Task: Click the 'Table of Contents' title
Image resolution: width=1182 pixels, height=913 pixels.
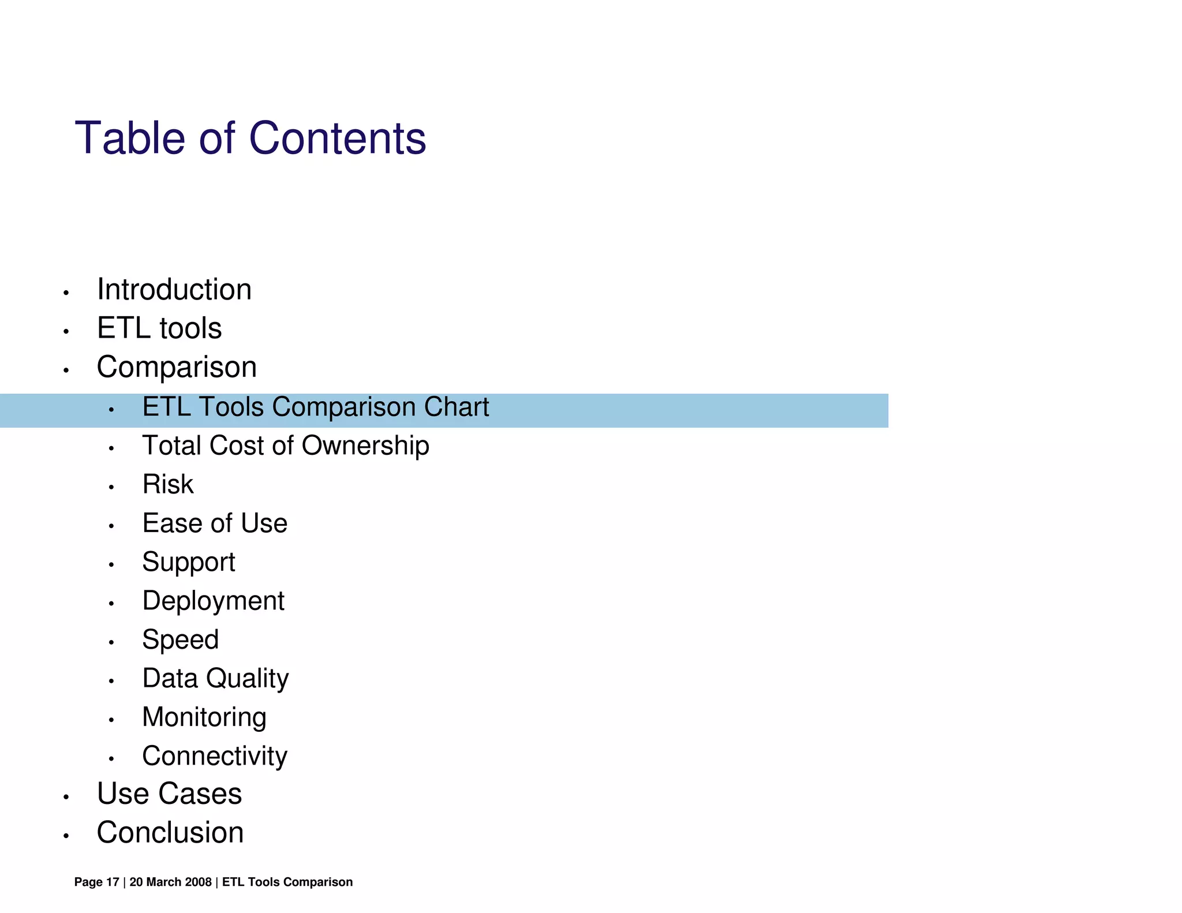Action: point(250,139)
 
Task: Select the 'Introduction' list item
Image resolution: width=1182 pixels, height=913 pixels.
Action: point(174,290)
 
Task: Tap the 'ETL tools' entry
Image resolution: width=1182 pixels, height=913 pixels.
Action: point(159,328)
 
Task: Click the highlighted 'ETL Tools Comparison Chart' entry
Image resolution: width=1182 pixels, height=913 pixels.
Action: point(315,407)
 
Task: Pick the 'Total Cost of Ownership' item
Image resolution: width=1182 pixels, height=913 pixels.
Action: point(286,446)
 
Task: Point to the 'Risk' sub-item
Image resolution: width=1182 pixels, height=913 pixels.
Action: point(168,485)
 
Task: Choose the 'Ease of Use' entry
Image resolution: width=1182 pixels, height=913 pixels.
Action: point(215,523)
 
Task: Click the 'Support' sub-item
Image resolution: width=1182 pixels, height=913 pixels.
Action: point(189,562)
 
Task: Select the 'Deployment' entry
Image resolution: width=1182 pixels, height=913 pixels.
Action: point(213,601)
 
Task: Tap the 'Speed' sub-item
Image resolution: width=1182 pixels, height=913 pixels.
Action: point(181,640)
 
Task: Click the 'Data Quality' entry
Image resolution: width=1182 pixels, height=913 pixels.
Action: point(215,679)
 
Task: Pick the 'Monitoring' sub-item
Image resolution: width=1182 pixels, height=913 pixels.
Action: point(204,717)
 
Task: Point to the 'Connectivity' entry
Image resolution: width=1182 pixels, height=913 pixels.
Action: point(215,756)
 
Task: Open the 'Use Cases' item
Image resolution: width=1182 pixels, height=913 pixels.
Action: point(169,794)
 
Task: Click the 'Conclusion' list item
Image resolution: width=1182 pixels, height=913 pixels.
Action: point(170,833)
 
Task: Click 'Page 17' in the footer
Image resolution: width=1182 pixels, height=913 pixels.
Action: point(96,882)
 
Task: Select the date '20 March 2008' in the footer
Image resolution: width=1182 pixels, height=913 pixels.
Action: point(170,882)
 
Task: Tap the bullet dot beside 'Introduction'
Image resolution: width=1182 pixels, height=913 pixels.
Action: point(66,293)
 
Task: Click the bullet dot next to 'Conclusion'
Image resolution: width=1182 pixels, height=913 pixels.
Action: point(66,836)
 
